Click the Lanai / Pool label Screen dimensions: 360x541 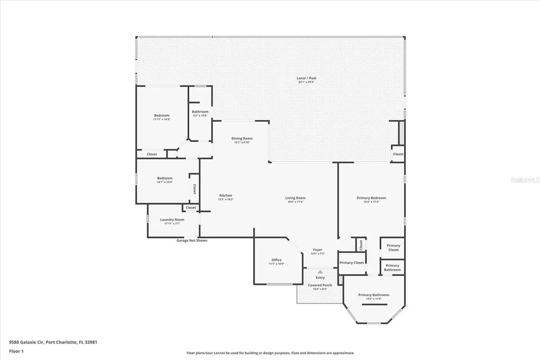(x=306, y=78)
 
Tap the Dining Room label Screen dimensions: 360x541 (x=242, y=138)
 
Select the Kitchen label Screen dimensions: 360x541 (x=226, y=195)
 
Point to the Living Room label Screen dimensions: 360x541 (x=296, y=198)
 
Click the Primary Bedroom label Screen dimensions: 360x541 (x=371, y=198)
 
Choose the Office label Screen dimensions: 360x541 (x=276, y=260)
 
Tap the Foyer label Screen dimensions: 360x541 (x=318, y=250)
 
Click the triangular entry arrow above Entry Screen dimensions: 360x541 (x=320, y=272)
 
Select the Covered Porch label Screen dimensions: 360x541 (x=320, y=285)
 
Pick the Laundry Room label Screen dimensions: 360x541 (x=172, y=220)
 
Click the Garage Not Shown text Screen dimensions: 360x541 (x=192, y=240)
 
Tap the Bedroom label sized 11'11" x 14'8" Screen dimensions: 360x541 (x=162, y=116)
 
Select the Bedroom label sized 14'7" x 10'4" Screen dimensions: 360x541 (x=165, y=178)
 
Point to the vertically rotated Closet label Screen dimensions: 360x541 (x=194, y=188)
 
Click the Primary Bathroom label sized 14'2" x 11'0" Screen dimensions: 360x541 (x=374, y=295)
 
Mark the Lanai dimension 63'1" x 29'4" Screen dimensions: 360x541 (x=306, y=82)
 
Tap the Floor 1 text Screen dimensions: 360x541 (x=16, y=350)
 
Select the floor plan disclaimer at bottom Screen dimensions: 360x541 (x=270, y=353)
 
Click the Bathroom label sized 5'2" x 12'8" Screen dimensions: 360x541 (x=200, y=112)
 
